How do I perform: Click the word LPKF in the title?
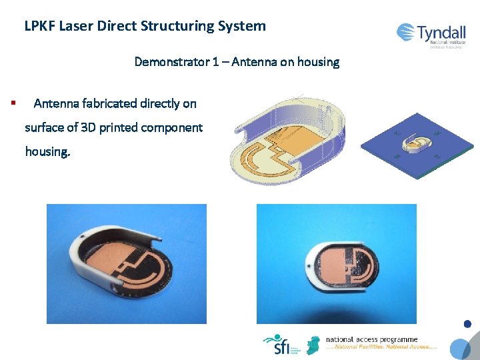pyautogui.click(x=39, y=26)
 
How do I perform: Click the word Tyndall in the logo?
pyautogui.click(x=441, y=32)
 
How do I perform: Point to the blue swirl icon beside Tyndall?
pyautogui.click(x=405, y=32)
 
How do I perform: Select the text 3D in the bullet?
pyautogui.click(x=89, y=127)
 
